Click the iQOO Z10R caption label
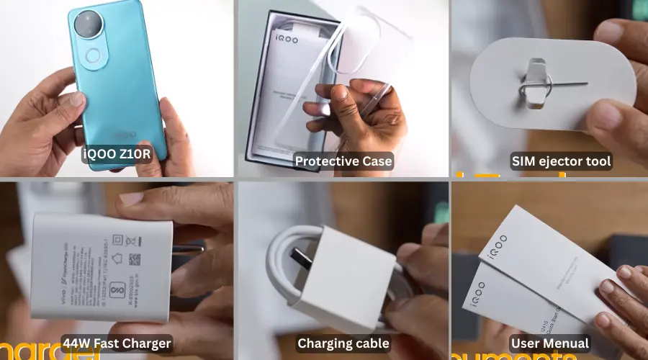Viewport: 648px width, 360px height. tap(117, 153)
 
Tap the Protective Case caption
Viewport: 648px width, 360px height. tap(343, 161)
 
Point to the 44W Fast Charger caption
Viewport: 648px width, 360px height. tap(117, 343)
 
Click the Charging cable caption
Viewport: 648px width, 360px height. tap(343, 343)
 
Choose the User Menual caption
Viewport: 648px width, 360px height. tap(549, 343)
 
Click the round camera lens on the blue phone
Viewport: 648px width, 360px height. tap(89, 24)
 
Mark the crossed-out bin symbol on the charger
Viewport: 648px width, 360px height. tap(134, 242)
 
